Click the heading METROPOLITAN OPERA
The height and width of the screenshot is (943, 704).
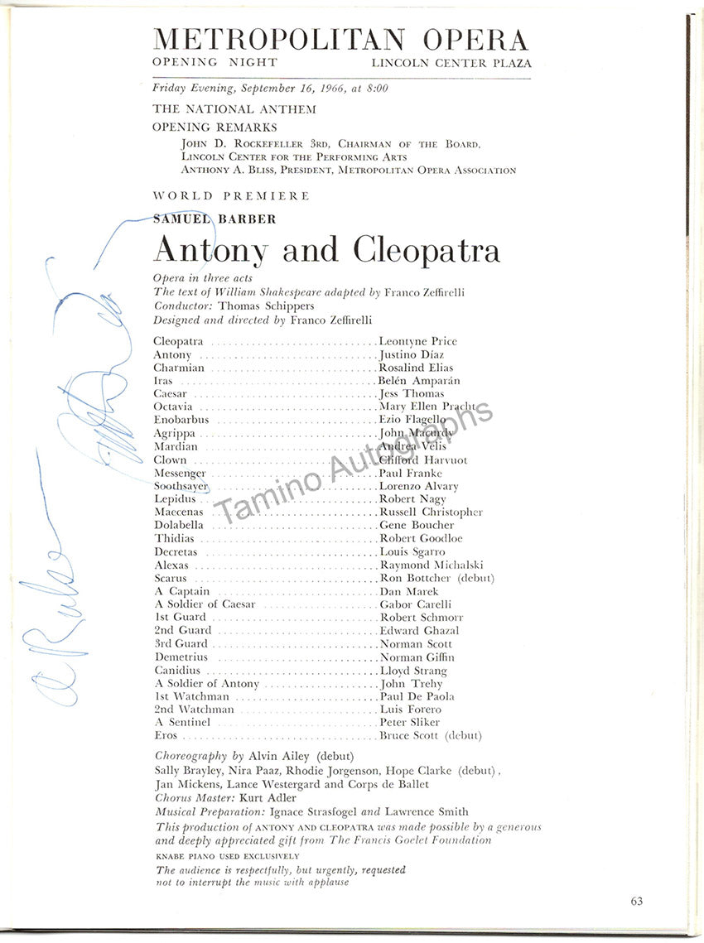(x=340, y=40)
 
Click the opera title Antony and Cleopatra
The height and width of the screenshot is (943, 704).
(x=326, y=249)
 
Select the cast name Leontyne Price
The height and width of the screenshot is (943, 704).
(x=417, y=341)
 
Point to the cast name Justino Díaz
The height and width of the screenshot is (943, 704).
(x=412, y=354)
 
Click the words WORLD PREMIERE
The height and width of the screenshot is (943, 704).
(x=231, y=196)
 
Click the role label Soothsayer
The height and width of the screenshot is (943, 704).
(x=181, y=486)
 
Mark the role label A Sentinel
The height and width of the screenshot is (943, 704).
(x=182, y=722)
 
